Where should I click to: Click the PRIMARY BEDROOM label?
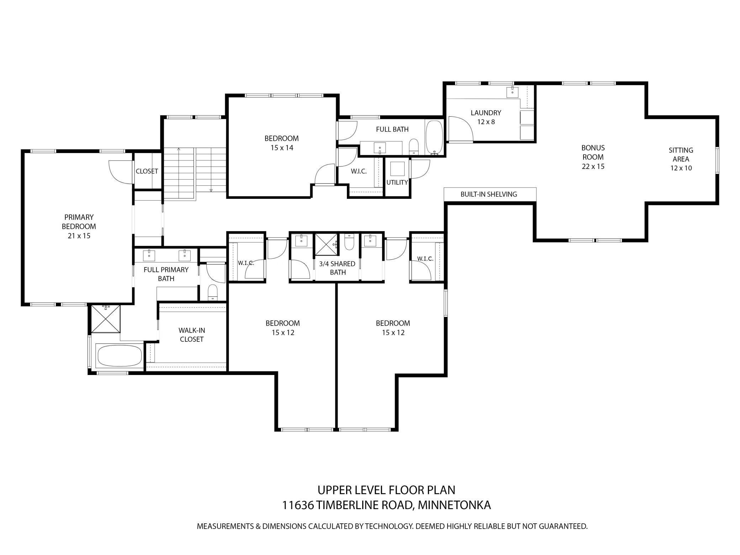[x=79, y=222]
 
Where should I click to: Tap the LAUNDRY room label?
[x=486, y=113]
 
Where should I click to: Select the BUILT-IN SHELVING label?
[x=488, y=194]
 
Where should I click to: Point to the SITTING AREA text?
[x=681, y=155]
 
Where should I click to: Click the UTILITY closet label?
[x=397, y=183]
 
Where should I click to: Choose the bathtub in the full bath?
[x=434, y=137]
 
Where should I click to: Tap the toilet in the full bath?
[x=413, y=147]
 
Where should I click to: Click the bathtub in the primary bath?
[x=119, y=356]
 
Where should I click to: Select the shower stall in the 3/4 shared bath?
[x=326, y=245]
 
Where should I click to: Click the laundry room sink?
[x=513, y=91]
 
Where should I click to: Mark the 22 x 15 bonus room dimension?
[x=593, y=166]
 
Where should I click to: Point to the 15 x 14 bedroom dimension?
[x=282, y=148]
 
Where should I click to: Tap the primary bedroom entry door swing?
[x=121, y=172]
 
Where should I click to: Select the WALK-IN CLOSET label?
[x=191, y=335]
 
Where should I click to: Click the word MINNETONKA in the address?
[x=454, y=505]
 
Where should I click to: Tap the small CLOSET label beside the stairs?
[x=147, y=171]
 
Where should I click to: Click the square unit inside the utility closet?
[x=397, y=169]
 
